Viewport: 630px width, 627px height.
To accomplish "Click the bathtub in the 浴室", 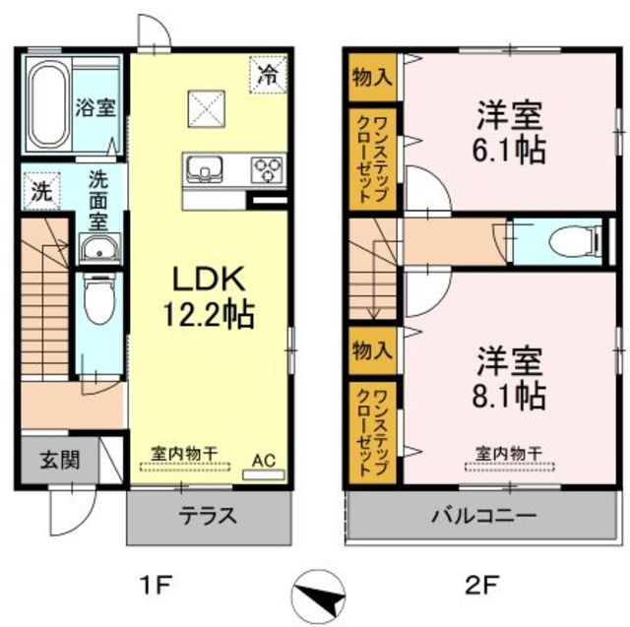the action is [48, 105].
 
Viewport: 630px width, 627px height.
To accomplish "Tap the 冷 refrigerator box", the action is [269, 75].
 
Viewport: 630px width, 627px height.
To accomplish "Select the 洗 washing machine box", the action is [41, 191].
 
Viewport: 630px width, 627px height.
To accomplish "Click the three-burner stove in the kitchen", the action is [268, 169].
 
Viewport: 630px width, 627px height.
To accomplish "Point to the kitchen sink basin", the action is [205, 169].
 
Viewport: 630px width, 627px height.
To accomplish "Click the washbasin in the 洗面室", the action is [98, 249].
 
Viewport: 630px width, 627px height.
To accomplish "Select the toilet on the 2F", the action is [575, 242].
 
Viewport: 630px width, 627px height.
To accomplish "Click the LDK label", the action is [209, 279].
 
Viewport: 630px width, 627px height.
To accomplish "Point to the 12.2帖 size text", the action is [208, 315].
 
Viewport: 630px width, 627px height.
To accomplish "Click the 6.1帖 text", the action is [509, 150].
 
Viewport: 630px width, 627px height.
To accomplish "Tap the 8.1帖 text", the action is [509, 395].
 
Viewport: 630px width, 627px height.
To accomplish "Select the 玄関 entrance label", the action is [60, 460].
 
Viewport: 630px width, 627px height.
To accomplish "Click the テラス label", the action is [208, 516].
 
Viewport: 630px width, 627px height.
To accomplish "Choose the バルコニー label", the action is [483, 515].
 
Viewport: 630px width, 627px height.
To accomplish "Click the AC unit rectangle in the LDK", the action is [264, 474].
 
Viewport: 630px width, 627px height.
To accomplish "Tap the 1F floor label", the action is [156, 585].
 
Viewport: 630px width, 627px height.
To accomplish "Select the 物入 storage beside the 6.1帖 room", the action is [372, 78].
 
